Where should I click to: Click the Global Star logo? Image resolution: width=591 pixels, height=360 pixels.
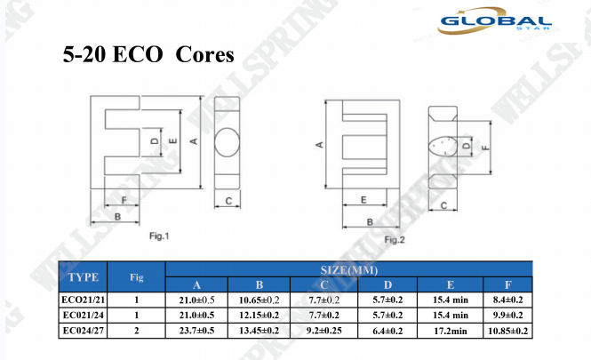point(494,20)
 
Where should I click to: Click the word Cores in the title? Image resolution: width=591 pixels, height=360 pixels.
point(204,54)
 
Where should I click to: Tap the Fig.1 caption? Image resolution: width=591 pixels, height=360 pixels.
point(159,236)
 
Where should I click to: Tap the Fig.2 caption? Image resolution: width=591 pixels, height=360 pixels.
point(395,240)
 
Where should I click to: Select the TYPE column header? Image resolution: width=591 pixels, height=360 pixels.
point(84,277)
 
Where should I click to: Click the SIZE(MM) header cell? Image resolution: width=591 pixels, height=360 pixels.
point(349,270)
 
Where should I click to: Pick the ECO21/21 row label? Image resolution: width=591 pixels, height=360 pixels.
point(84,300)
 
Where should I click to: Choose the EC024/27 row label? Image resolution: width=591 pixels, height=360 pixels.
point(84,331)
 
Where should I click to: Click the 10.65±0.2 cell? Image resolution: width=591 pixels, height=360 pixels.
point(259,300)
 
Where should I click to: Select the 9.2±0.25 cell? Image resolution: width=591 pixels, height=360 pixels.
point(324,331)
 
